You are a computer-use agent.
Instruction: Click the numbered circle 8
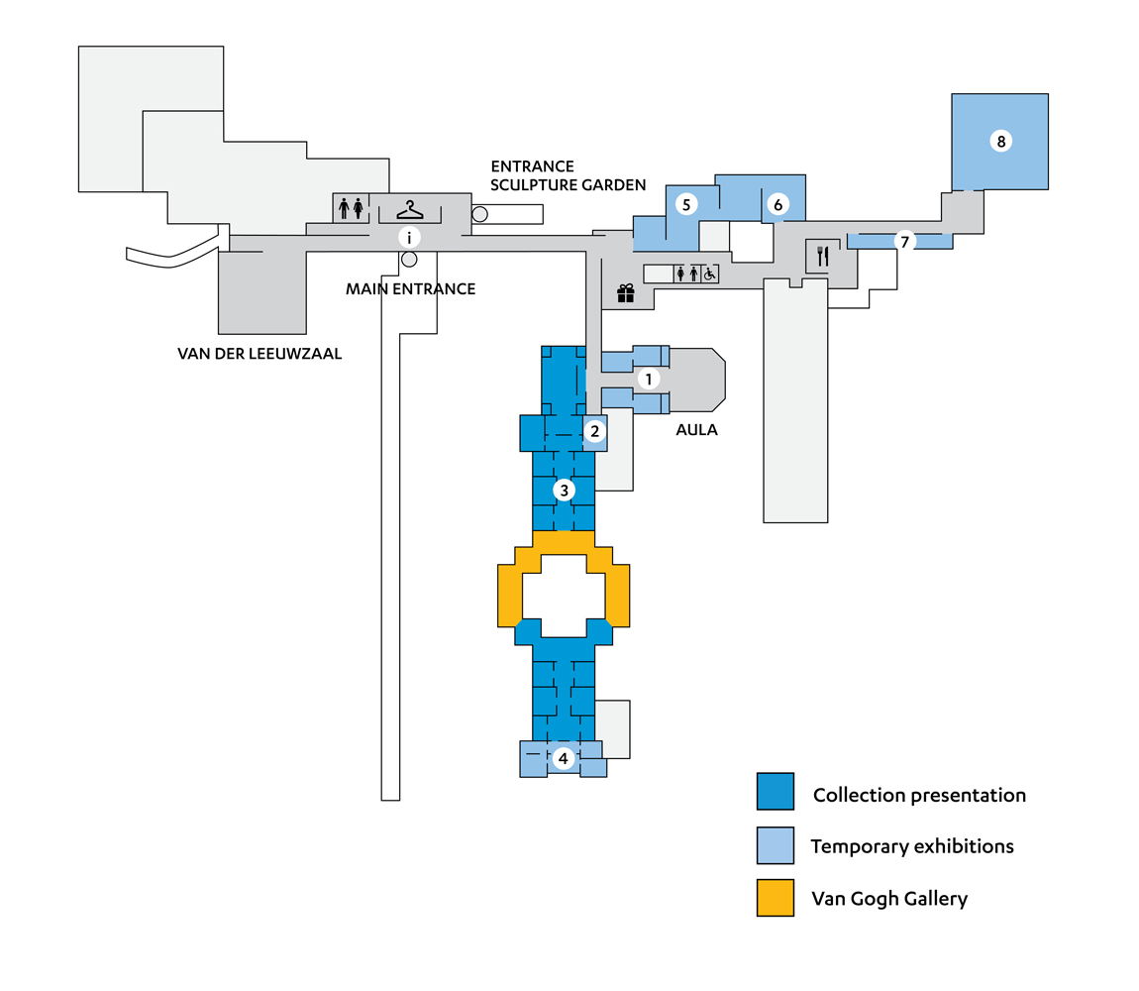[x=1001, y=142]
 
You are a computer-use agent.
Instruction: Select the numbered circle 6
[x=778, y=205]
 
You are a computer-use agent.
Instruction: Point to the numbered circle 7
[x=904, y=241]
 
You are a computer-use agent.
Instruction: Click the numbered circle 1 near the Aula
[x=648, y=379]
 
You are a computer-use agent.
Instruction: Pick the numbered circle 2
[x=594, y=431]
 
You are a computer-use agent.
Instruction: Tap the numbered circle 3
[x=564, y=490]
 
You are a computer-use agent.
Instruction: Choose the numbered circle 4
[x=564, y=759]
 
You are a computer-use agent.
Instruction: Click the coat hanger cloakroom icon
[x=410, y=209]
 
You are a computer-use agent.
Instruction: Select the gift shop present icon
[x=625, y=293]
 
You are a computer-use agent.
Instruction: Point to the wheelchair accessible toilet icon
[x=709, y=274]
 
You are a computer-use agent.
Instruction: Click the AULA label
[x=697, y=431]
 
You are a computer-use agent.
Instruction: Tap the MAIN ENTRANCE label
[x=410, y=289]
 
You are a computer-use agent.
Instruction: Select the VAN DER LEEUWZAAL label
[x=259, y=352]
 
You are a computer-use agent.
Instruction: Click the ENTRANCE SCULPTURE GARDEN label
[x=568, y=175]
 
